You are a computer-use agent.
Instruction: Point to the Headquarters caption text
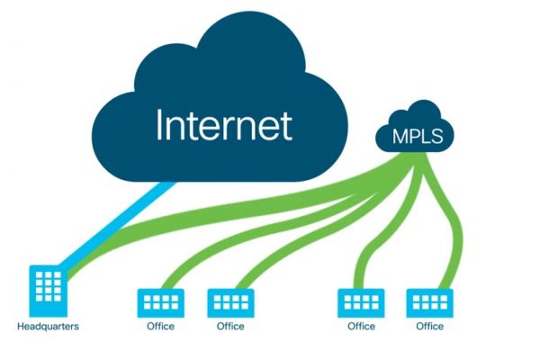(48, 326)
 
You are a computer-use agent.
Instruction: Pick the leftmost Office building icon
(159, 301)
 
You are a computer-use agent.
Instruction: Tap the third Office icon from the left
(361, 301)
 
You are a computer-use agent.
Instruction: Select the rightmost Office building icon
(429, 301)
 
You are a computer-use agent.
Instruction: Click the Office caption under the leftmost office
(160, 326)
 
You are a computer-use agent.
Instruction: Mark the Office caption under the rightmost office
(429, 326)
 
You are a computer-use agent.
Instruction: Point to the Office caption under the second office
(230, 326)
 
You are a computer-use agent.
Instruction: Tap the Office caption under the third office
(361, 326)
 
